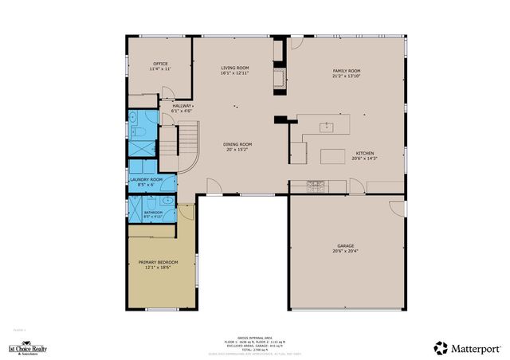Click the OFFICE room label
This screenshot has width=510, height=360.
tap(160, 64)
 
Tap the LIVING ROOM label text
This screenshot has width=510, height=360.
tap(235, 68)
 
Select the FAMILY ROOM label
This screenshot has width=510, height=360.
tap(347, 71)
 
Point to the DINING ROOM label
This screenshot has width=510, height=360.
tap(238, 144)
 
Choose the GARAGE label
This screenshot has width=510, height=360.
tap(345, 246)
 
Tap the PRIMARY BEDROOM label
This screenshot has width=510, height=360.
tap(158, 262)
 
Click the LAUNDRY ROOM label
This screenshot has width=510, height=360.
tap(146, 180)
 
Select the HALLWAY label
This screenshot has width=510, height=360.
tap(182, 105)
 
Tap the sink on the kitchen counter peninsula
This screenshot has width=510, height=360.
tap(326, 126)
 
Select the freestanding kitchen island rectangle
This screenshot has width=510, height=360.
tap(332, 157)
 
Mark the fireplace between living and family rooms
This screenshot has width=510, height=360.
tap(280, 78)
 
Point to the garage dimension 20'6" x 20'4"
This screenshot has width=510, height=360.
tap(345, 252)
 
